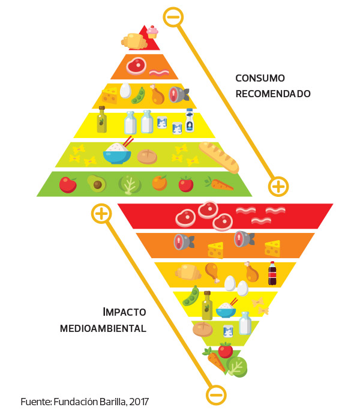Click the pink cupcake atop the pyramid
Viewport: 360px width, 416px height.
[152, 31]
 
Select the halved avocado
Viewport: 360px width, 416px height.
[96, 183]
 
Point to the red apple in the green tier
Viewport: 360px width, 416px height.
[68, 184]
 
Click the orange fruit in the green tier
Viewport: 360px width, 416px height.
[160, 182]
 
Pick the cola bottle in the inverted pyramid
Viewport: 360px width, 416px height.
[272, 274]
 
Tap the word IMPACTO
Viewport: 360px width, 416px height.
[124, 313]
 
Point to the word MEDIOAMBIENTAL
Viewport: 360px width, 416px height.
[103, 328]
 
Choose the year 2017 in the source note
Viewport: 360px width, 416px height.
[139, 401]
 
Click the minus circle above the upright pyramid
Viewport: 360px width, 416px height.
[173, 17]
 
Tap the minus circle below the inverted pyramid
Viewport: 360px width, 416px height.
[216, 394]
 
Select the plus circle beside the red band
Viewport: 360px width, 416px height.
[101, 213]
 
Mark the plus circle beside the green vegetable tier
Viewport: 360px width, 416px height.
[278, 186]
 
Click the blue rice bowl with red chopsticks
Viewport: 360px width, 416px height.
[117, 153]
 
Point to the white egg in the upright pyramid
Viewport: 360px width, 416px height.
[125, 91]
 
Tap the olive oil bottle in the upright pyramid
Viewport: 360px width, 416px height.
[102, 120]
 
